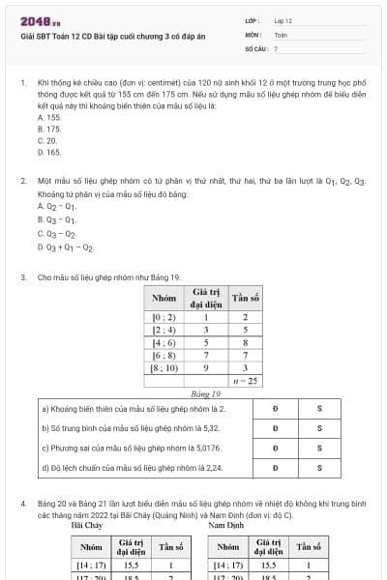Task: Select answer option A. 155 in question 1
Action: tap(48, 117)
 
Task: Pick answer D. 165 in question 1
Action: tap(48, 152)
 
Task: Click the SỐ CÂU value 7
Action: tap(276, 47)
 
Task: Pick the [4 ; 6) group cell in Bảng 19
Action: tap(164, 342)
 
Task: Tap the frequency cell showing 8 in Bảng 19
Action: tap(246, 342)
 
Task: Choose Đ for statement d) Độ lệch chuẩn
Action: tap(276, 468)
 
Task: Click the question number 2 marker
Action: tap(22, 181)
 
